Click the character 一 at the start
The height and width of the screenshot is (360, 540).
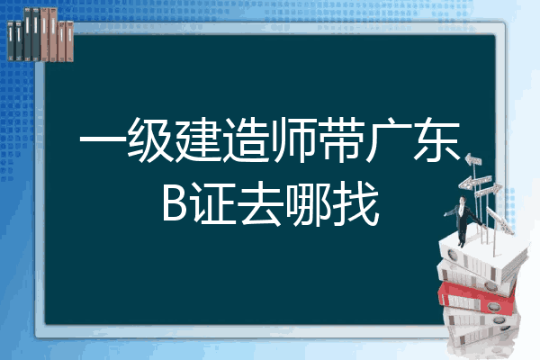[x=103, y=140]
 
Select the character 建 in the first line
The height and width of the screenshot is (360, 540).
[x=198, y=140]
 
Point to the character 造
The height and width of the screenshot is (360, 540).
[x=246, y=140]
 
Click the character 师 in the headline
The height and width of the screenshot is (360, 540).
[x=293, y=140]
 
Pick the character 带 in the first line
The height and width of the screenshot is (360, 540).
[x=341, y=140]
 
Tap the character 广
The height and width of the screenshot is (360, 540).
[x=389, y=140]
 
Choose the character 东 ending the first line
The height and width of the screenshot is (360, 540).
[x=436, y=140]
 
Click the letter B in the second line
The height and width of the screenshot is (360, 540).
[x=175, y=202]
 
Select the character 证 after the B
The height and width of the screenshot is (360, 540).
[x=213, y=203]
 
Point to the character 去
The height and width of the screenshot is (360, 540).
[x=261, y=203]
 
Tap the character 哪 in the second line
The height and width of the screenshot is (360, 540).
[x=310, y=203]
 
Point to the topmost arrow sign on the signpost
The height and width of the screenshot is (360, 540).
[x=473, y=160]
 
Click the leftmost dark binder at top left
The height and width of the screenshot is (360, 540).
[x=11, y=40]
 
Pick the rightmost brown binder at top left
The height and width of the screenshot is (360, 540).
[x=69, y=41]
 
